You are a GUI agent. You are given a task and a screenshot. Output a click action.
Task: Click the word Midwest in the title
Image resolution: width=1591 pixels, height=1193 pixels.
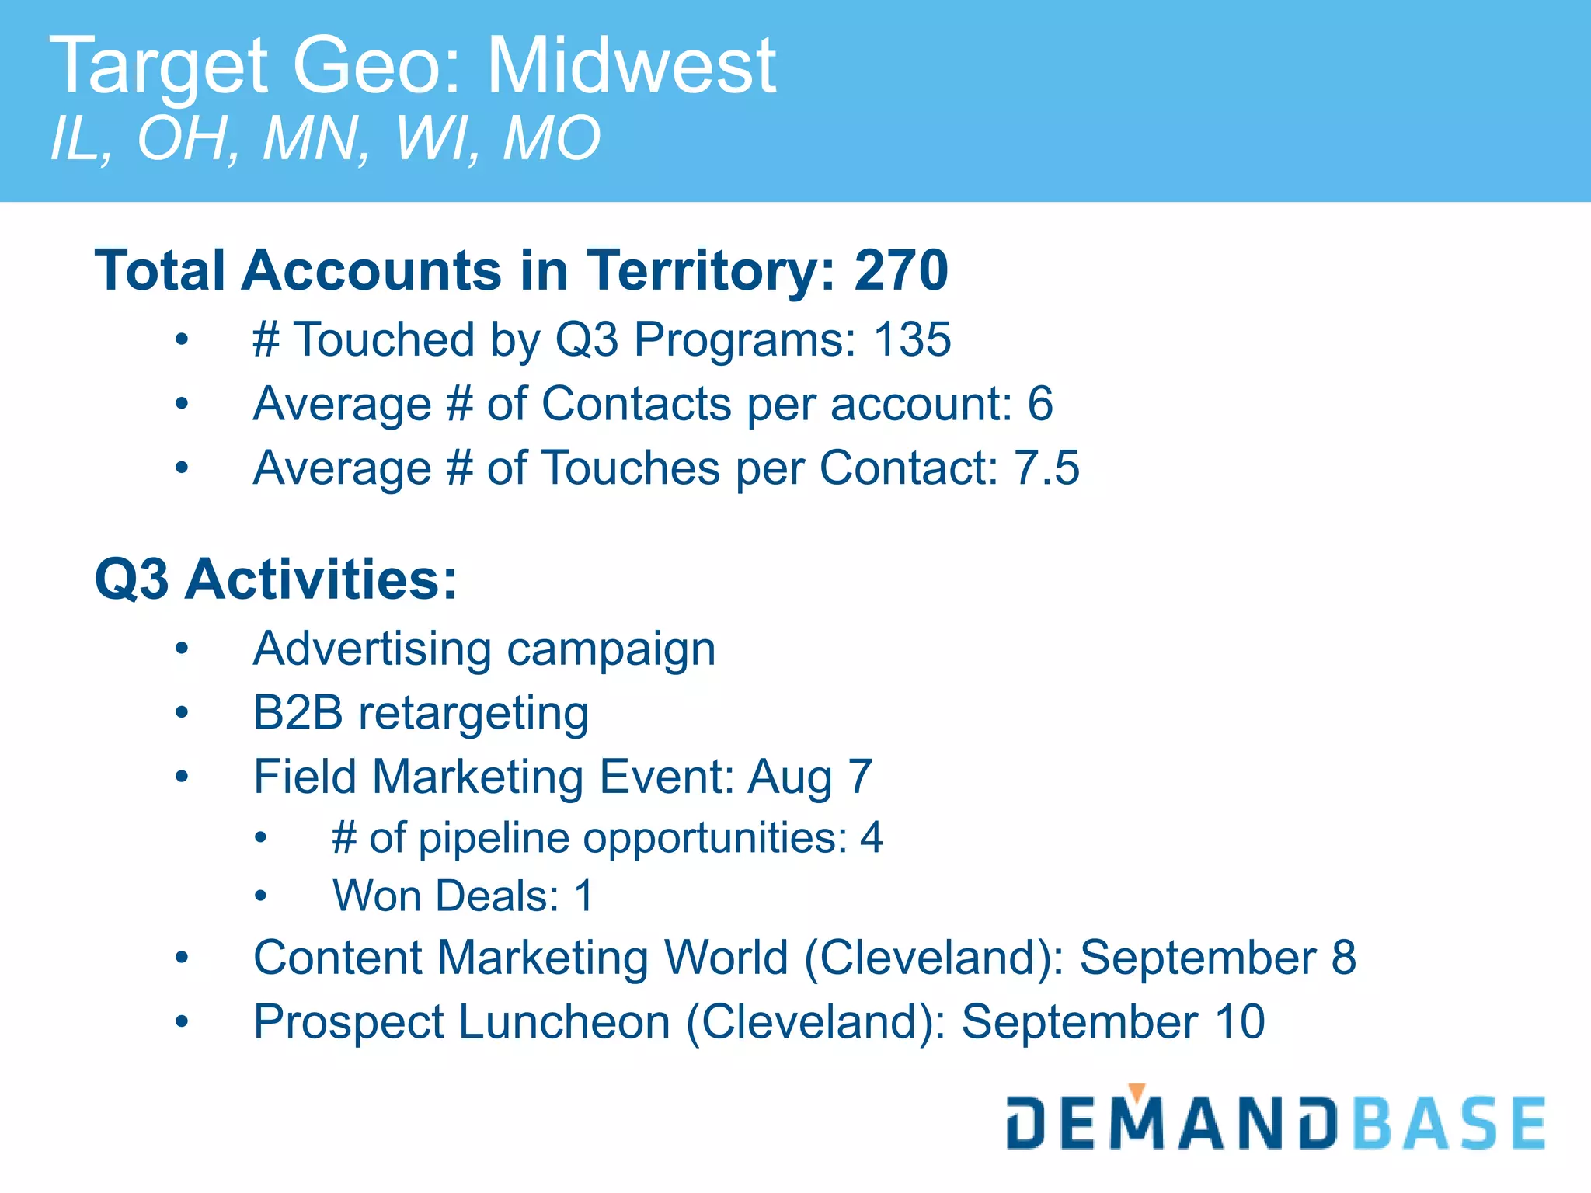point(631,67)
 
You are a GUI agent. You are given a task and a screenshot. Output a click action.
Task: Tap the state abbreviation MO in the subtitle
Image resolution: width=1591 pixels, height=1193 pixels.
point(552,138)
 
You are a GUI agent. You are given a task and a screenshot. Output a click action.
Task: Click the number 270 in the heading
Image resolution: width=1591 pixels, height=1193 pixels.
point(901,270)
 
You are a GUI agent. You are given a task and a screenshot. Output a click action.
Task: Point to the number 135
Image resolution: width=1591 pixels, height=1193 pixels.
point(912,339)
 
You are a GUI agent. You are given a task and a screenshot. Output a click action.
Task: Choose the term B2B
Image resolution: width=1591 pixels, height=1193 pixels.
point(298,712)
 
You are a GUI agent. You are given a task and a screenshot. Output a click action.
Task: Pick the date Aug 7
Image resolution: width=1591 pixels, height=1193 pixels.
point(810,777)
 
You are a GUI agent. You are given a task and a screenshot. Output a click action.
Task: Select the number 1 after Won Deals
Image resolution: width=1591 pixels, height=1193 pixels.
point(584,896)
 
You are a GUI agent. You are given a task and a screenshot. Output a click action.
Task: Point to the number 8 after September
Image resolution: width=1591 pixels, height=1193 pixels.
point(1344,958)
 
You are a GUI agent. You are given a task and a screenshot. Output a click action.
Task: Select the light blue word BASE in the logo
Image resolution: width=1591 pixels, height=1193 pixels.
point(1450,1124)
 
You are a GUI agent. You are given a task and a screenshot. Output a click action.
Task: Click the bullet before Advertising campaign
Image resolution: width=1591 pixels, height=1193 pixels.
point(182,649)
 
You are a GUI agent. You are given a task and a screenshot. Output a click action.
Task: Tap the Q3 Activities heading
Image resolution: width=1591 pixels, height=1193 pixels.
point(276,579)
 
